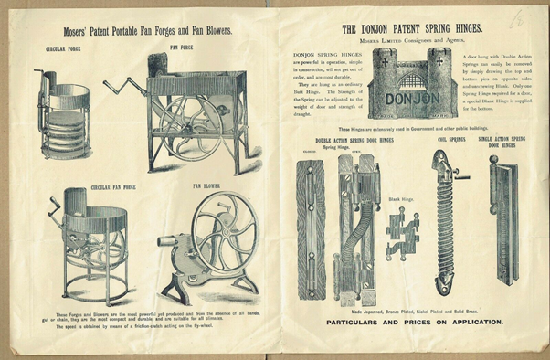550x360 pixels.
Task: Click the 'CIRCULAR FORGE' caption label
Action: (x=61, y=48)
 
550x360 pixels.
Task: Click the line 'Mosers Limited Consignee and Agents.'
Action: (x=408, y=41)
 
